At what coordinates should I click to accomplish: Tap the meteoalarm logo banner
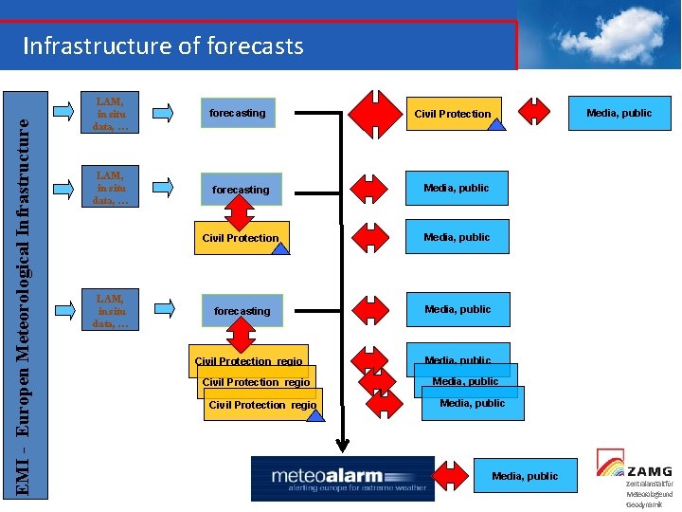coord(342,478)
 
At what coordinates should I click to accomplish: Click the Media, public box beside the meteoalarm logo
coord(525,476)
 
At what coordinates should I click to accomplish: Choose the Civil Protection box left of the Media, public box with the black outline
coord(453,114)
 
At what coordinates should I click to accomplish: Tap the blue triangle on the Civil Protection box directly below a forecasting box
coord(281,248)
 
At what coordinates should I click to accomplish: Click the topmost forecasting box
coord(238,113)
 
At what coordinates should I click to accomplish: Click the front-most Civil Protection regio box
coord(261,405)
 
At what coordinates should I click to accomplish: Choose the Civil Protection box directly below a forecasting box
coord(241,238)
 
